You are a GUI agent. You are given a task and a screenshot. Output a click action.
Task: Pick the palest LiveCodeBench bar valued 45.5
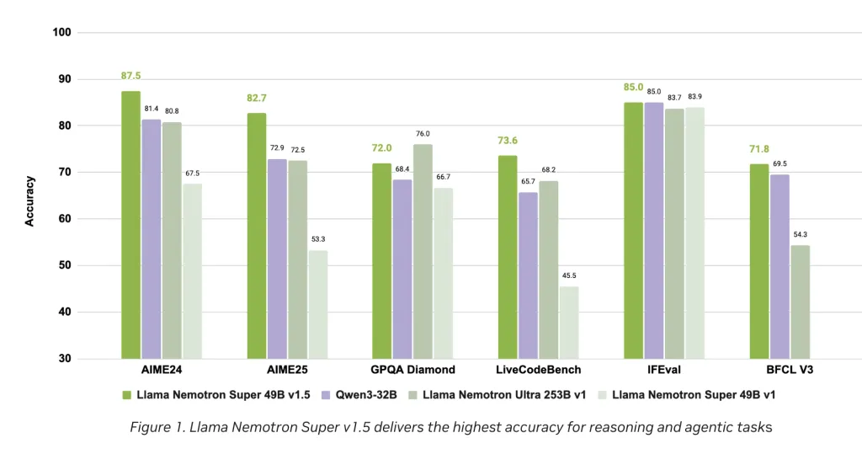pos(569,323)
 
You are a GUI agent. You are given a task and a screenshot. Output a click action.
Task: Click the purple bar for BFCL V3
pos(780,266)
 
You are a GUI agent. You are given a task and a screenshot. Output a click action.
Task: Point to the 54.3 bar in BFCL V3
pos(800,302)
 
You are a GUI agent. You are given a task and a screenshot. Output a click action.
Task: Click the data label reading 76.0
pos(423,133)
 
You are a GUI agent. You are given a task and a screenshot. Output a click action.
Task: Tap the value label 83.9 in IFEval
pos(694,96)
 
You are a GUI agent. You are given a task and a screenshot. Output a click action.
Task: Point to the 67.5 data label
pos(192,173)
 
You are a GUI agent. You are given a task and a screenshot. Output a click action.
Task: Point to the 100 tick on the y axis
pos(61,32)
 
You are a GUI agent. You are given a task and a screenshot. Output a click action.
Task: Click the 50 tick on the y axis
pos(64,265)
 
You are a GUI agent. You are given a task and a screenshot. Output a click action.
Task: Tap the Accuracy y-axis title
pos(30,200)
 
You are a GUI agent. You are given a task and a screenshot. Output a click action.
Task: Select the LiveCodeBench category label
pos(538,370)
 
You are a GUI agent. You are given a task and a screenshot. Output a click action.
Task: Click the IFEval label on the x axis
pos(663,370)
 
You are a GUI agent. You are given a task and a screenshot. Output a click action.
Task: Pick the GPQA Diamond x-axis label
pos(412,370)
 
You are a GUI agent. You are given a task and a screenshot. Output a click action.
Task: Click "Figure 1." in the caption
pos(157,427)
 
